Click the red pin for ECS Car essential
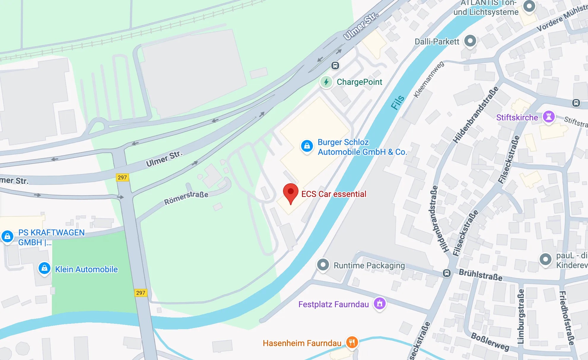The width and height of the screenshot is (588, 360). (291, 192)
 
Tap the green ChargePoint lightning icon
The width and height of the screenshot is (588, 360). (326, 82)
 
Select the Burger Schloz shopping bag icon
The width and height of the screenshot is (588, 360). (307, 146)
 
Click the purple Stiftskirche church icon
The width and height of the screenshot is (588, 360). (549, 117)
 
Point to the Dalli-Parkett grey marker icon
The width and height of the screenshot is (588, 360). (470, 41)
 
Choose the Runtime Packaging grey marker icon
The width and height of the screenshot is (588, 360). (323, 264)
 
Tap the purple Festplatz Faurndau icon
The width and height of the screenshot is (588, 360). (380, 303)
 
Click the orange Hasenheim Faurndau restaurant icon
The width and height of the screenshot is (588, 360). (352, 342)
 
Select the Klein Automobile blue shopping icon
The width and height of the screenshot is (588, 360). (44, 268)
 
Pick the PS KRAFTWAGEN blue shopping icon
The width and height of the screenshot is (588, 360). (7, 236)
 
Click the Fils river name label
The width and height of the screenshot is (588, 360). (398, 102)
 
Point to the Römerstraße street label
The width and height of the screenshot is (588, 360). (186, 198)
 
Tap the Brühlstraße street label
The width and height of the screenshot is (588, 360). (481, 275)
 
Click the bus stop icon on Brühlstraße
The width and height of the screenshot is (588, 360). (447, 273)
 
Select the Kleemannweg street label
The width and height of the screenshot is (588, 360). (429, 79)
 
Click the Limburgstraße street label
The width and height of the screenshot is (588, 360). (521, 317)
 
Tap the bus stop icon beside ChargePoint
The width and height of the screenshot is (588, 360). (335, 66)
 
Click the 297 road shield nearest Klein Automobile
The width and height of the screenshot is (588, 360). (141, 293)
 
